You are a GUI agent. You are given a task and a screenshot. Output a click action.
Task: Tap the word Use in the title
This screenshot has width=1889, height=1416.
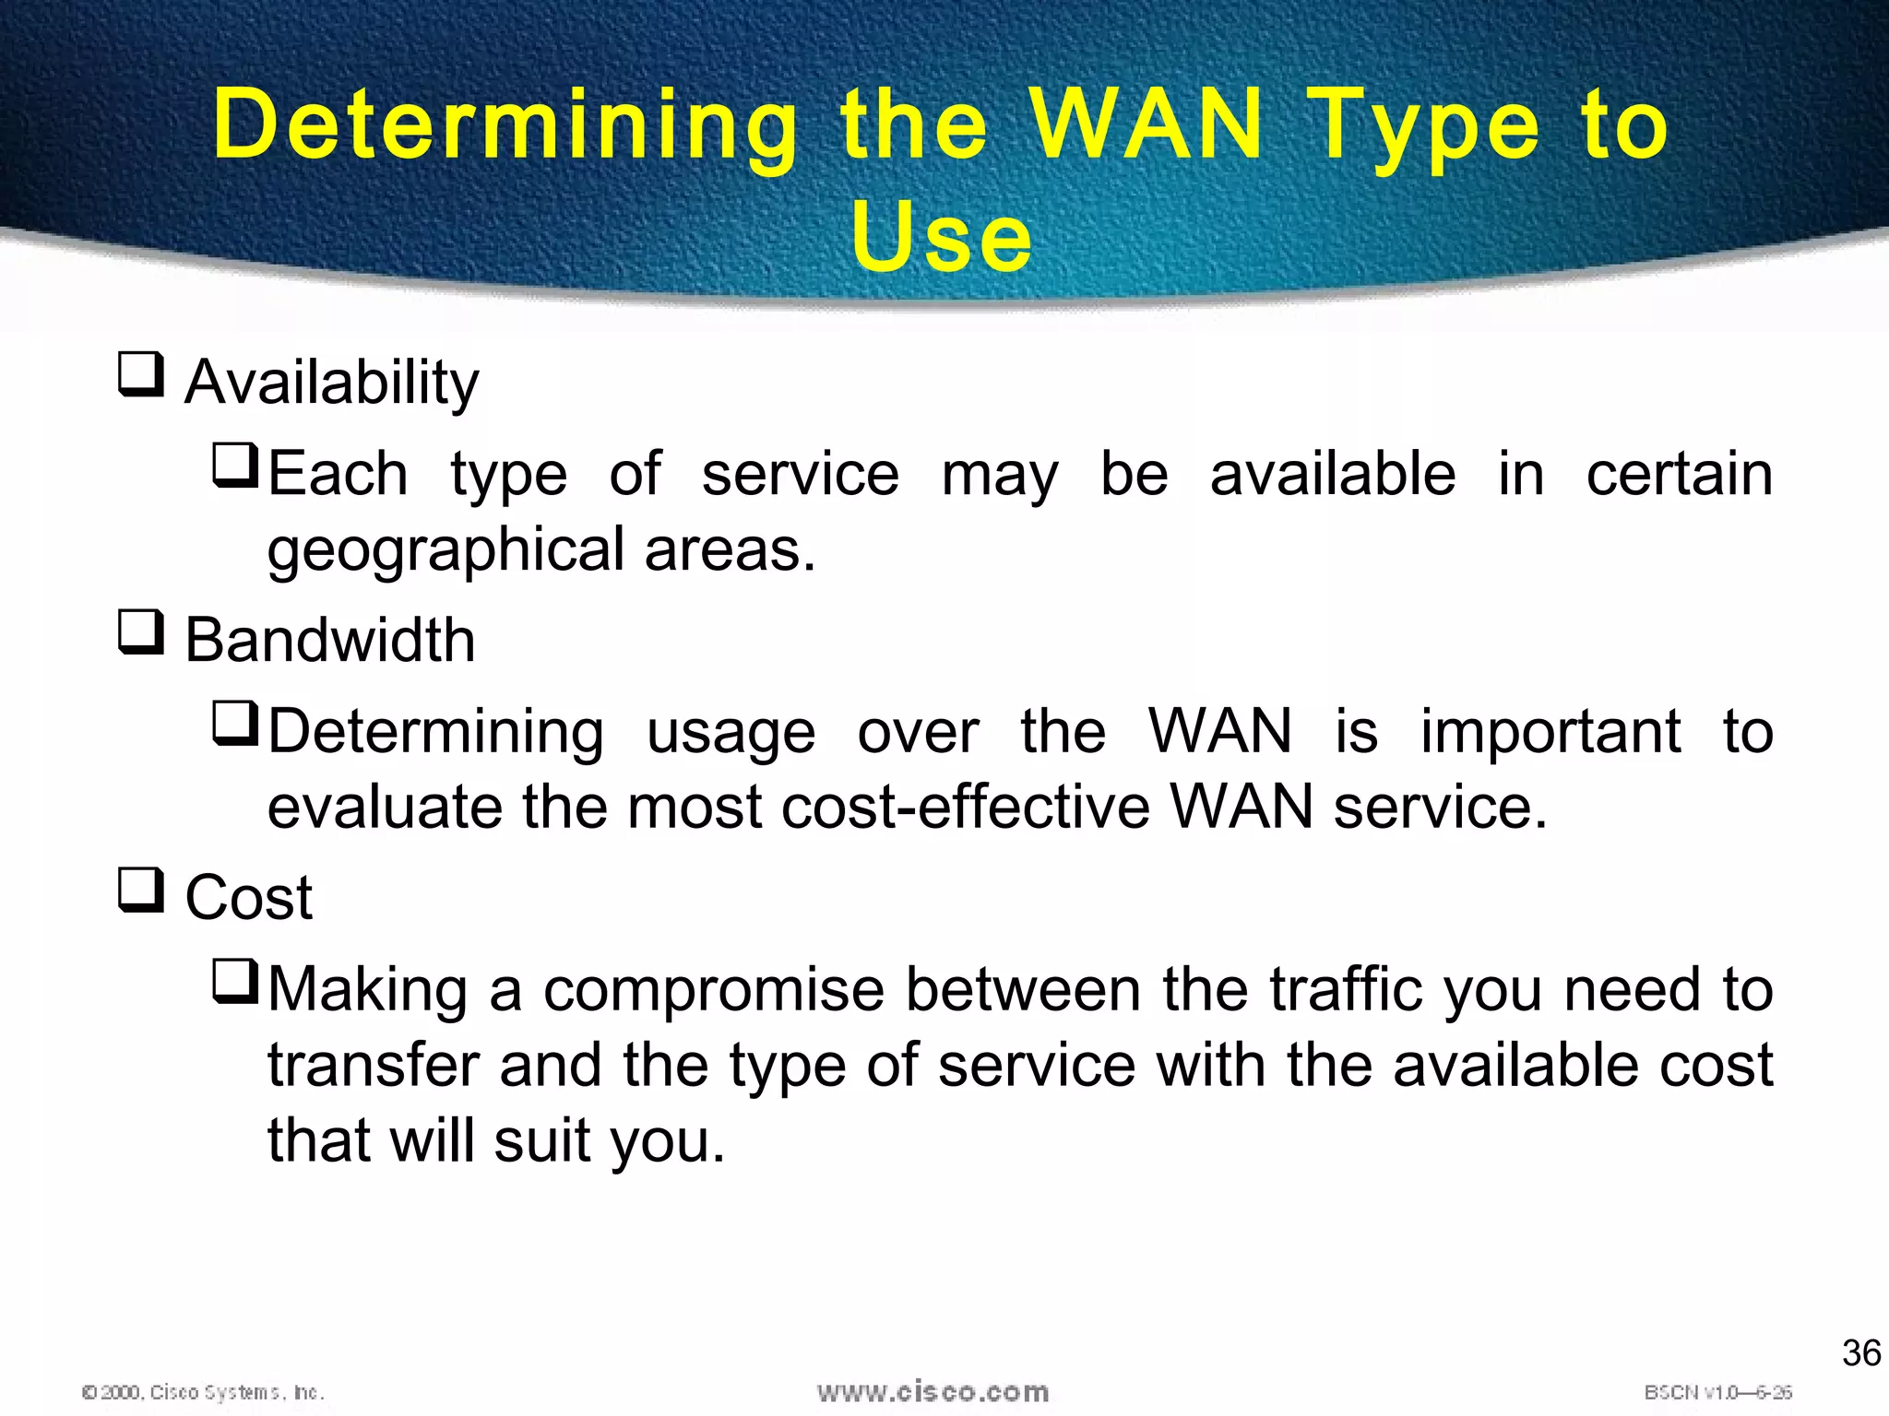pyautogui.click(x=941, y=237)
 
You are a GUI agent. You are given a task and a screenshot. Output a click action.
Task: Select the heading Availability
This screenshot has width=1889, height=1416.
pyautogui.click(x=332, y=382)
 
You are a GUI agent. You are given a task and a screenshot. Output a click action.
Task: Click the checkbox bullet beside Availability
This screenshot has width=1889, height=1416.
pyautogui.click(x=141, y=374)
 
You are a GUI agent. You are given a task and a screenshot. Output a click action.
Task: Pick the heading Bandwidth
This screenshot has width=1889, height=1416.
pyautogui.click(x=330, y=640)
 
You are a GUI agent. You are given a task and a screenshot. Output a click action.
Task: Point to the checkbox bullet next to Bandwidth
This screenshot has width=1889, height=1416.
pyautogui.click(x=141, y=632)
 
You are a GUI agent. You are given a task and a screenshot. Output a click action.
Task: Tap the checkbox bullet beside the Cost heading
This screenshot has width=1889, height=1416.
pyautogui.click(x=141, y=890)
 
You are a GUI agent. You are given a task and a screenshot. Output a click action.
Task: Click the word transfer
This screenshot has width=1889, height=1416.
pyautogui.click(x=373, y=1066)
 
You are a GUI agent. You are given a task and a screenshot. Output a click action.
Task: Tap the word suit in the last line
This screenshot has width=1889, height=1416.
pyautogui.click(x=541, y=1141)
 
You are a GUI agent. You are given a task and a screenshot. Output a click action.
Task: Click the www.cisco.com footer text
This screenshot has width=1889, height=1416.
pyautogui.click(x=933, y=1392)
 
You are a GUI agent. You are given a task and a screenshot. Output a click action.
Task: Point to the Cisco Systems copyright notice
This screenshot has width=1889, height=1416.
pyautogui.click(x=203, y=1392)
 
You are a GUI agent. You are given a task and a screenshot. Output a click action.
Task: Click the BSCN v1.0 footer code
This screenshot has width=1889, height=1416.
pyautogui.click(x=1717, y=1392)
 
